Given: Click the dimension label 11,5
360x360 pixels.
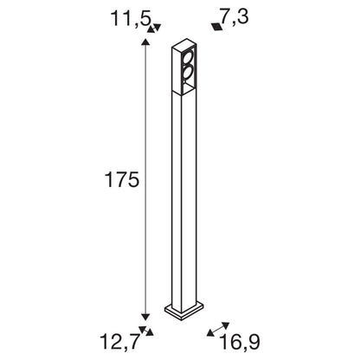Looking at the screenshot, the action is (131, 18).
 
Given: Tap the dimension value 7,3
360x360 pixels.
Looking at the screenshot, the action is (235, 16).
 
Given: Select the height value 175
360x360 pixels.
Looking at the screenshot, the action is (122, 179).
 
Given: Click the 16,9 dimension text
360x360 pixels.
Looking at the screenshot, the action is (240, 342).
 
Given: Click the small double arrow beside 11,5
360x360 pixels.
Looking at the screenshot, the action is (154, 28).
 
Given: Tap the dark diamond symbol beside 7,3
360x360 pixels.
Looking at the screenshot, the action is (217, 27).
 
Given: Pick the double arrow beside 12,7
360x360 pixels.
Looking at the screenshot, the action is (146, 331).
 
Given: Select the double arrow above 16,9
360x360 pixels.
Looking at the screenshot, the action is (218, 330).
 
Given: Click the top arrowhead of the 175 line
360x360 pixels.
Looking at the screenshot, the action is (145, 42).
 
